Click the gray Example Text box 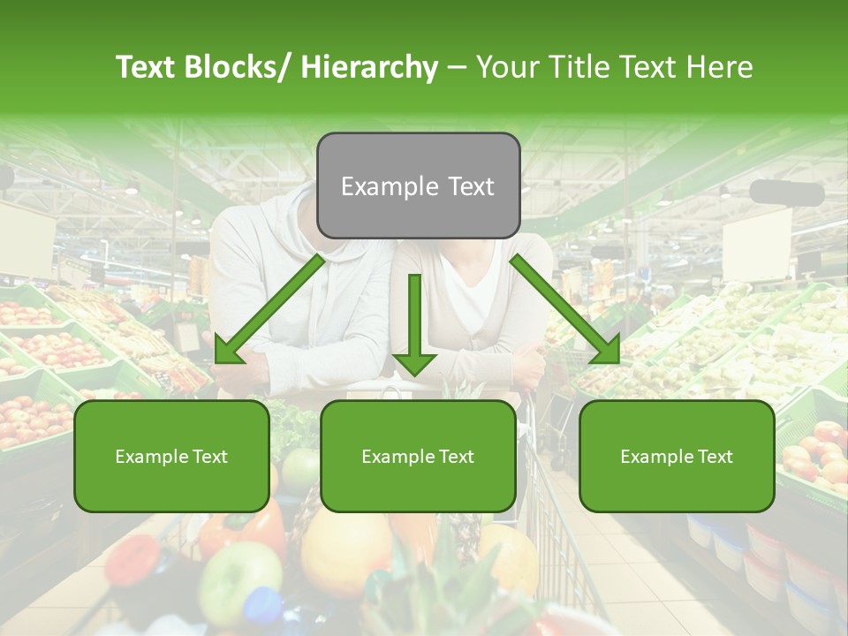click(418, 185)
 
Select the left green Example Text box click(171, 456)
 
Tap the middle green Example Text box click(418, 456)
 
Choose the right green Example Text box click(677, 456)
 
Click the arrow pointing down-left click(269, 309)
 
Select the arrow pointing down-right click(565, 309)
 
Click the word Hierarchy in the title click(369, 67)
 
